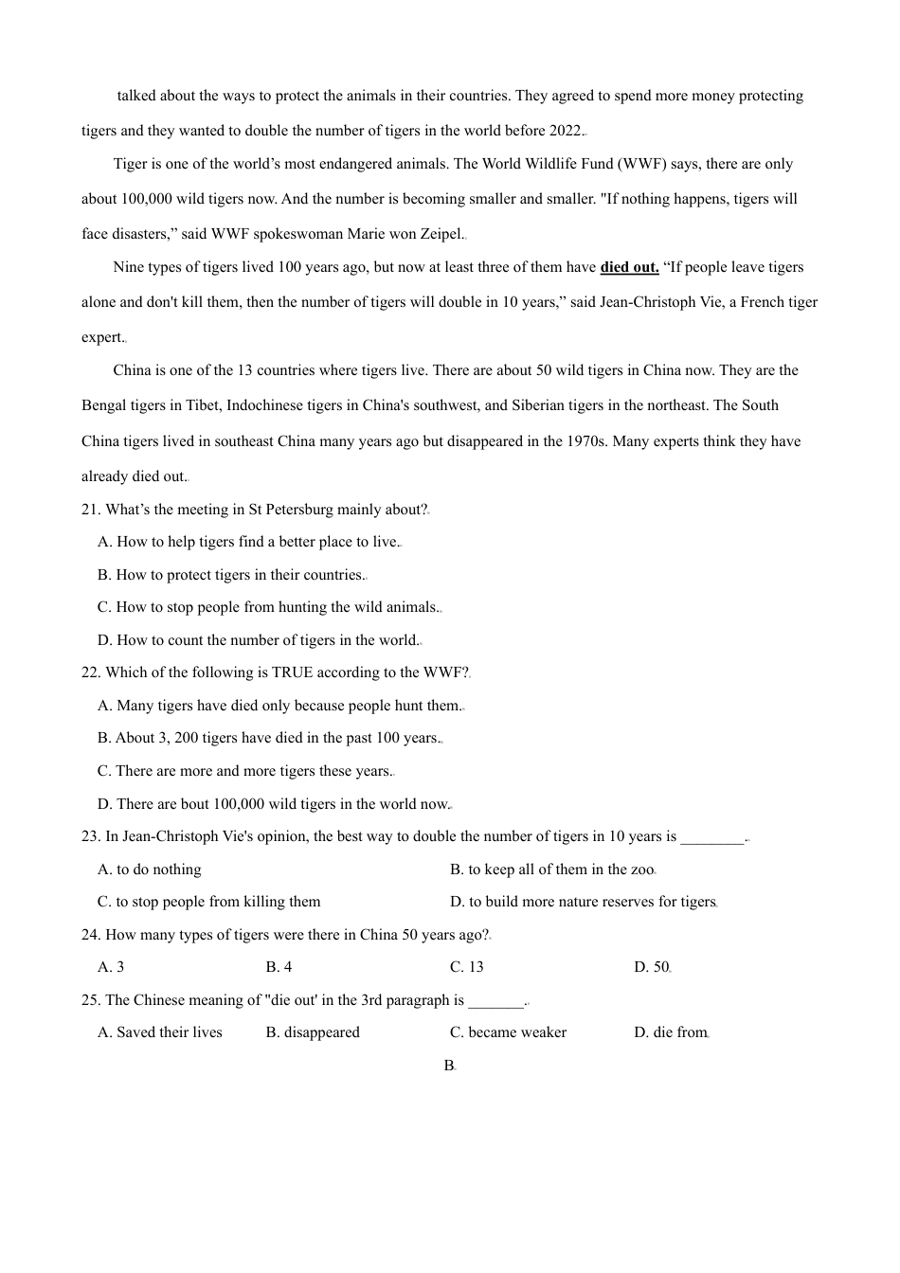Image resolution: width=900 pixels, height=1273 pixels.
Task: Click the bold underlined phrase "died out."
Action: [629, 267]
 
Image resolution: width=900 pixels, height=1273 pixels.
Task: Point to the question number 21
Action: [91, 510]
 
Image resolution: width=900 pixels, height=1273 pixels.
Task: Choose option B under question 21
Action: [231, 575]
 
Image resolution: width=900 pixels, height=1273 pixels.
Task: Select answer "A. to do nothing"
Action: [150, 870]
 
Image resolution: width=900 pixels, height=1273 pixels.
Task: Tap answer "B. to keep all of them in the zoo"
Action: [551, 870]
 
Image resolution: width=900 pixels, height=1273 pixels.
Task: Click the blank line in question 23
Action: [712, 837]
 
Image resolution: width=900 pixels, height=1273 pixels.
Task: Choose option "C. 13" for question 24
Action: [467, 967]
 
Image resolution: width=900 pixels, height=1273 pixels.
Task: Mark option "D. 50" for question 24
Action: [651, 967]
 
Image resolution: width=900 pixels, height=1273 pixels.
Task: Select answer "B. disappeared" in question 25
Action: [313, 1032]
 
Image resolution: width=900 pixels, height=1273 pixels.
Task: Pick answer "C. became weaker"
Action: [508, 1032]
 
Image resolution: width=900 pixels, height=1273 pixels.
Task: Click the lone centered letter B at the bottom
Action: [449, 1066]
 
